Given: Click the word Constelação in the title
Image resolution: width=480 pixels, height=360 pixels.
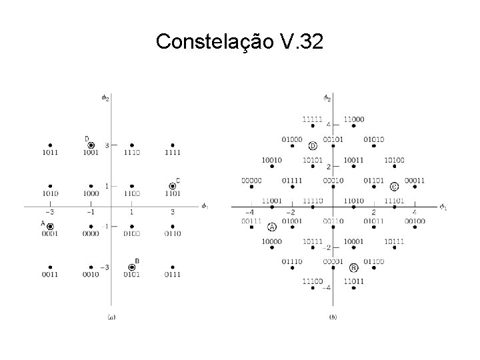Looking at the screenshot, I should (211, 42).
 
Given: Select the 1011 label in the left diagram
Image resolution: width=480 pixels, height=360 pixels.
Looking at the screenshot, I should (50, 153).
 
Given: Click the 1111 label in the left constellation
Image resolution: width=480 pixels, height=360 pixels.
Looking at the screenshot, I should (173, 153).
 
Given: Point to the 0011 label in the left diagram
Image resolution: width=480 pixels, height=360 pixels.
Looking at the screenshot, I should (50, 274).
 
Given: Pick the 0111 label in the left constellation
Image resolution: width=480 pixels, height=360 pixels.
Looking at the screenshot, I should (173, 274).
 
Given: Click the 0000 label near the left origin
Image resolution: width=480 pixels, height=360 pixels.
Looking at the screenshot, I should (91, 233).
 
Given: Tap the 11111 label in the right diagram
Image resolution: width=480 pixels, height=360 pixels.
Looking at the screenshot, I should (312, 119).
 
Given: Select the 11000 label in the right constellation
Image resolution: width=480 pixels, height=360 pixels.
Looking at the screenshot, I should (354, 119).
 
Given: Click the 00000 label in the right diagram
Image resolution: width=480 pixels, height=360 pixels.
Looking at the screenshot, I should (251, 180).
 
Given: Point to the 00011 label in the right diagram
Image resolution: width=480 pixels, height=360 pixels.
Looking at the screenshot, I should (415, 180).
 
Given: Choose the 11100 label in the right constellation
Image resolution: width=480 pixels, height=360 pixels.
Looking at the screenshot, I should (312, 282).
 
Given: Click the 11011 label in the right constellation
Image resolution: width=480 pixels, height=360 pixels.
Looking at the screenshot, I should (354, 282).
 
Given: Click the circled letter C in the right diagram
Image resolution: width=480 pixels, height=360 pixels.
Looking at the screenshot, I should (395, 187).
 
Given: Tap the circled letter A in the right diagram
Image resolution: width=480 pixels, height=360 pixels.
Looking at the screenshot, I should (272, 227).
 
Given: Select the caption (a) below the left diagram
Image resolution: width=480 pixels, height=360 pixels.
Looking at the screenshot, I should (111, 317).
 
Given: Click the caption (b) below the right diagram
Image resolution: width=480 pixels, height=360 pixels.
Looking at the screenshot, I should (333, 317).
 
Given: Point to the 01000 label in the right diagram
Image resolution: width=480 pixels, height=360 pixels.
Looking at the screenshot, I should (291, 139).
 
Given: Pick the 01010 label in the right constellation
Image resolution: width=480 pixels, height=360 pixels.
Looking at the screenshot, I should (374, 139).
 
